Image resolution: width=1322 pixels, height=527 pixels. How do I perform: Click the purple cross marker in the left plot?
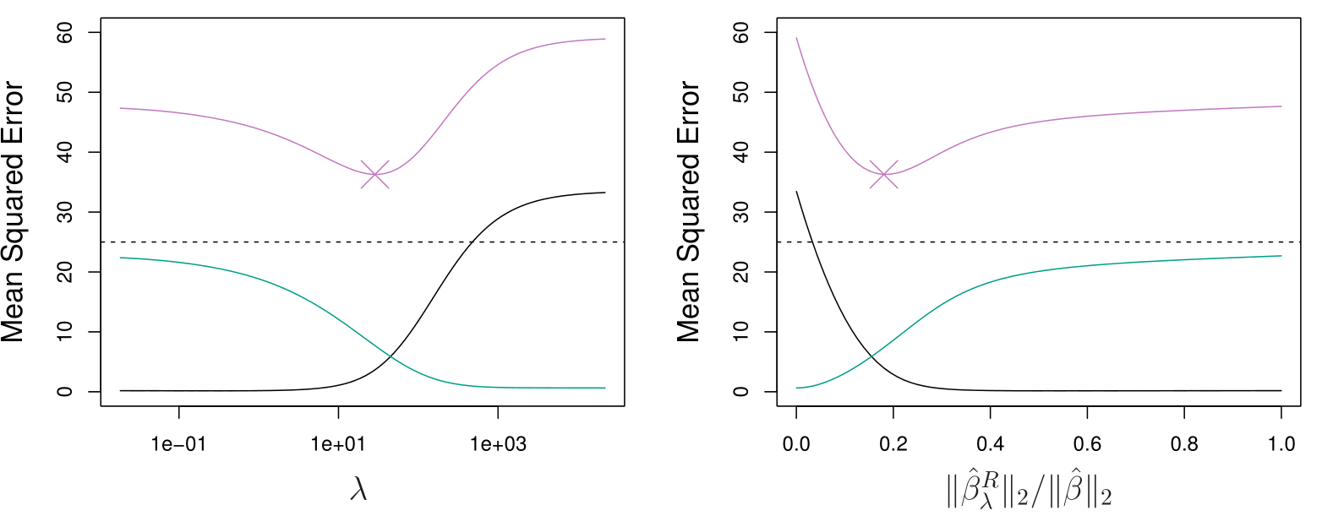pos(374,174)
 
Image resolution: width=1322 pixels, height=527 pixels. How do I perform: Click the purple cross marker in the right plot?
pos(884,174)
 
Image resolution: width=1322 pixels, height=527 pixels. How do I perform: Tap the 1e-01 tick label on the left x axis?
pos(179,443)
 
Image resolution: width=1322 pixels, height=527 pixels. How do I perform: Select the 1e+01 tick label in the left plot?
pos(338,443)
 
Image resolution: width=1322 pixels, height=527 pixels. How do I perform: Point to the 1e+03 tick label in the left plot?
pos(498,443)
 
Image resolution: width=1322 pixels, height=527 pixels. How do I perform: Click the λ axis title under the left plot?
pos(359,490)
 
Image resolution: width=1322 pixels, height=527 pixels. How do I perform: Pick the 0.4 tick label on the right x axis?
pos(990,443)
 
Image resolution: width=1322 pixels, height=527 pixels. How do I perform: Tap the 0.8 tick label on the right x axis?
pos(1184,443)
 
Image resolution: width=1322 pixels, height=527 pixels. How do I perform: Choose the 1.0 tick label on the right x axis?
pos(1281,443)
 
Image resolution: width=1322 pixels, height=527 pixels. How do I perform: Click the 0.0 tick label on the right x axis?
pos(796,443)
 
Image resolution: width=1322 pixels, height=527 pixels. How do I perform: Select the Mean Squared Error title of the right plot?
pos(690,212)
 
